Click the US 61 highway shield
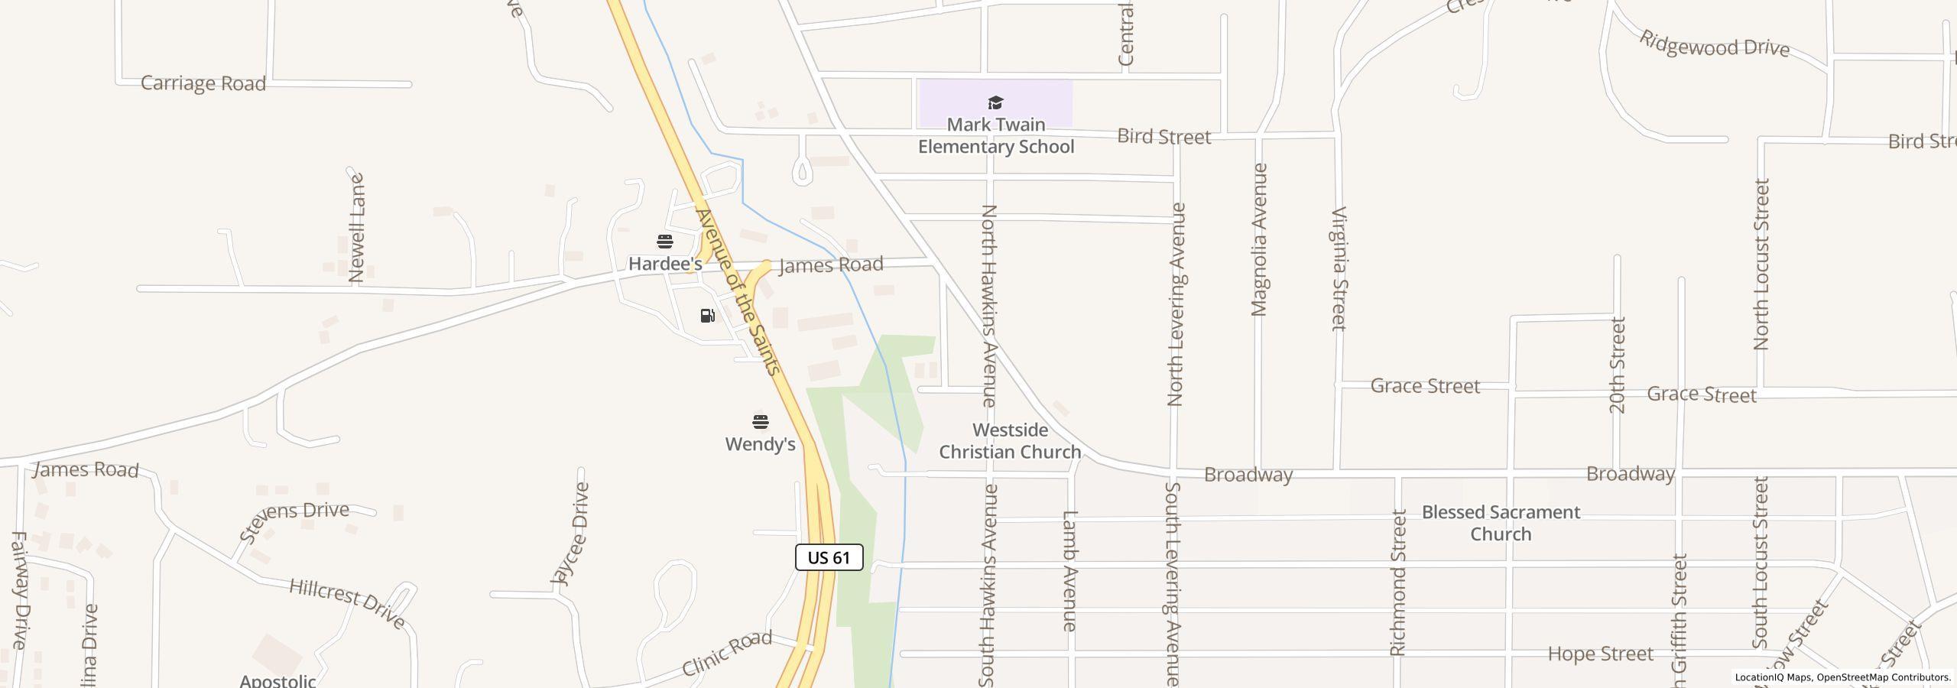coord(829,557)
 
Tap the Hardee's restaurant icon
coord(665,242)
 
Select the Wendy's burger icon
coord(760,422)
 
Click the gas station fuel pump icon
coord(708,316)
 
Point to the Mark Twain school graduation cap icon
coord(995,103)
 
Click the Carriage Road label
coord(203,83)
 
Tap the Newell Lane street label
coord(356,229)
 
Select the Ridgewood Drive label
coord(1714,45)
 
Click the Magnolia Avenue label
coord(1259,239)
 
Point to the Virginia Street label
coord(1339,268)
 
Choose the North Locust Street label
coord(1761,264)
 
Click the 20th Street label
coord(1618,365)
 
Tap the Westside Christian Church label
coord(1010,441)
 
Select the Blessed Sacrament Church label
coord(1501,523)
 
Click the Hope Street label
coord(1600,654)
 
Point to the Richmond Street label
coord(1398,583)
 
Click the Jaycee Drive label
coord(570,534)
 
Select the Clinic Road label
coord(726,654)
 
